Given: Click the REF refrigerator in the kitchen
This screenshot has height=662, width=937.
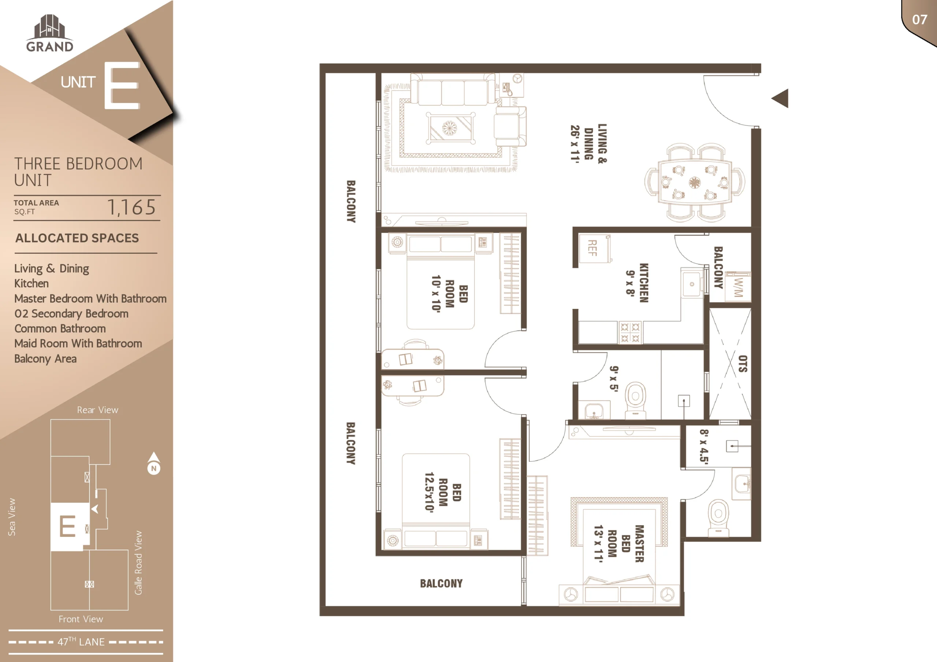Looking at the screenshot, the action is [x=595, y=248].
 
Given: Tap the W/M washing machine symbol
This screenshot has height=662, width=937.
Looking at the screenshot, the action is [x=738, y=287].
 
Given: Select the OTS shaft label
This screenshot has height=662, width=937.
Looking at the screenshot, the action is [x=743, y=364].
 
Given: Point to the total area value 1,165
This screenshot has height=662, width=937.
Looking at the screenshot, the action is [x=131, y=207].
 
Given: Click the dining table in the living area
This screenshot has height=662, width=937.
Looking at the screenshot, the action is [x=695, y=182].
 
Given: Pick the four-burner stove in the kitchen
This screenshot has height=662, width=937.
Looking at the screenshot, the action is [x=630, y=332].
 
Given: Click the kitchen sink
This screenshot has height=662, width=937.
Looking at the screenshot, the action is [x=692, y=284].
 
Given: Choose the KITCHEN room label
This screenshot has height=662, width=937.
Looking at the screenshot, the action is [x=643, y=283].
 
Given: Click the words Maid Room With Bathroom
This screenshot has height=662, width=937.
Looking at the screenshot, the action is [x=78, y=343].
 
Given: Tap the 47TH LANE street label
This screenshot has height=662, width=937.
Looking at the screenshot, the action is [x=81, y=642].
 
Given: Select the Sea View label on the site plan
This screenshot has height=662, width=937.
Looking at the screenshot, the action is [x=12, y=517].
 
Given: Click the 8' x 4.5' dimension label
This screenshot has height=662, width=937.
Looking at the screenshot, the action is [x=704, y=447].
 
